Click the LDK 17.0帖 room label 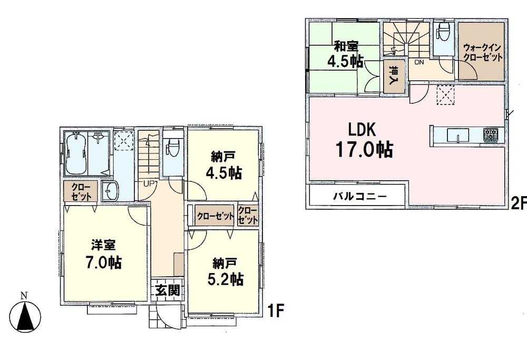coord(364,140)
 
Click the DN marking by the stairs coord(419,62)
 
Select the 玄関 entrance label coord(168,290)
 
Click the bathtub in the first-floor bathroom coord(76,154)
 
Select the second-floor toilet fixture coord(442,32)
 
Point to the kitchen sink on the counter coord(457,135)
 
